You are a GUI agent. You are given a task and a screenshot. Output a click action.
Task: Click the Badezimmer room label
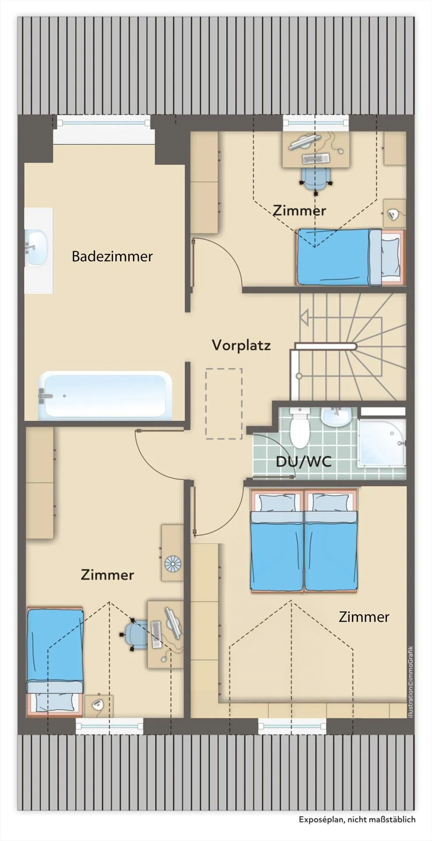(x=112, y=256)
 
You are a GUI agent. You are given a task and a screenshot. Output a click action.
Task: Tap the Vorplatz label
(x=241, y=345)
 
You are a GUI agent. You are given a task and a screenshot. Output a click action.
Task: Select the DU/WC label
(x=303, y=462)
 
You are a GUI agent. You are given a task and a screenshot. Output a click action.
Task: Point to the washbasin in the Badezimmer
(x=37, y=248)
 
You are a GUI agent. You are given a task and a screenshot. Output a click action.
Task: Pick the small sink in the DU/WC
(x=336, y=417)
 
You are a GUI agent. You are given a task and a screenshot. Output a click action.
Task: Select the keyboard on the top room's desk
(x=316, y=158)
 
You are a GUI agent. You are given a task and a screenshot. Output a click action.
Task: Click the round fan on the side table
(x=172, y=563)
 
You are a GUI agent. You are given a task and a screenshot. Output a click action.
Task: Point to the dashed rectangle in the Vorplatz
(x=224, y=403)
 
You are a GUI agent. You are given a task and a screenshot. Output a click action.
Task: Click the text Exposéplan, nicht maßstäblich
(x=357, y=819)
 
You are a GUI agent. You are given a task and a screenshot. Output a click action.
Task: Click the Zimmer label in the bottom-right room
(x=364, y=617)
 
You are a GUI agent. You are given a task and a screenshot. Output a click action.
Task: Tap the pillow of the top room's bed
(x=390, y=257)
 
